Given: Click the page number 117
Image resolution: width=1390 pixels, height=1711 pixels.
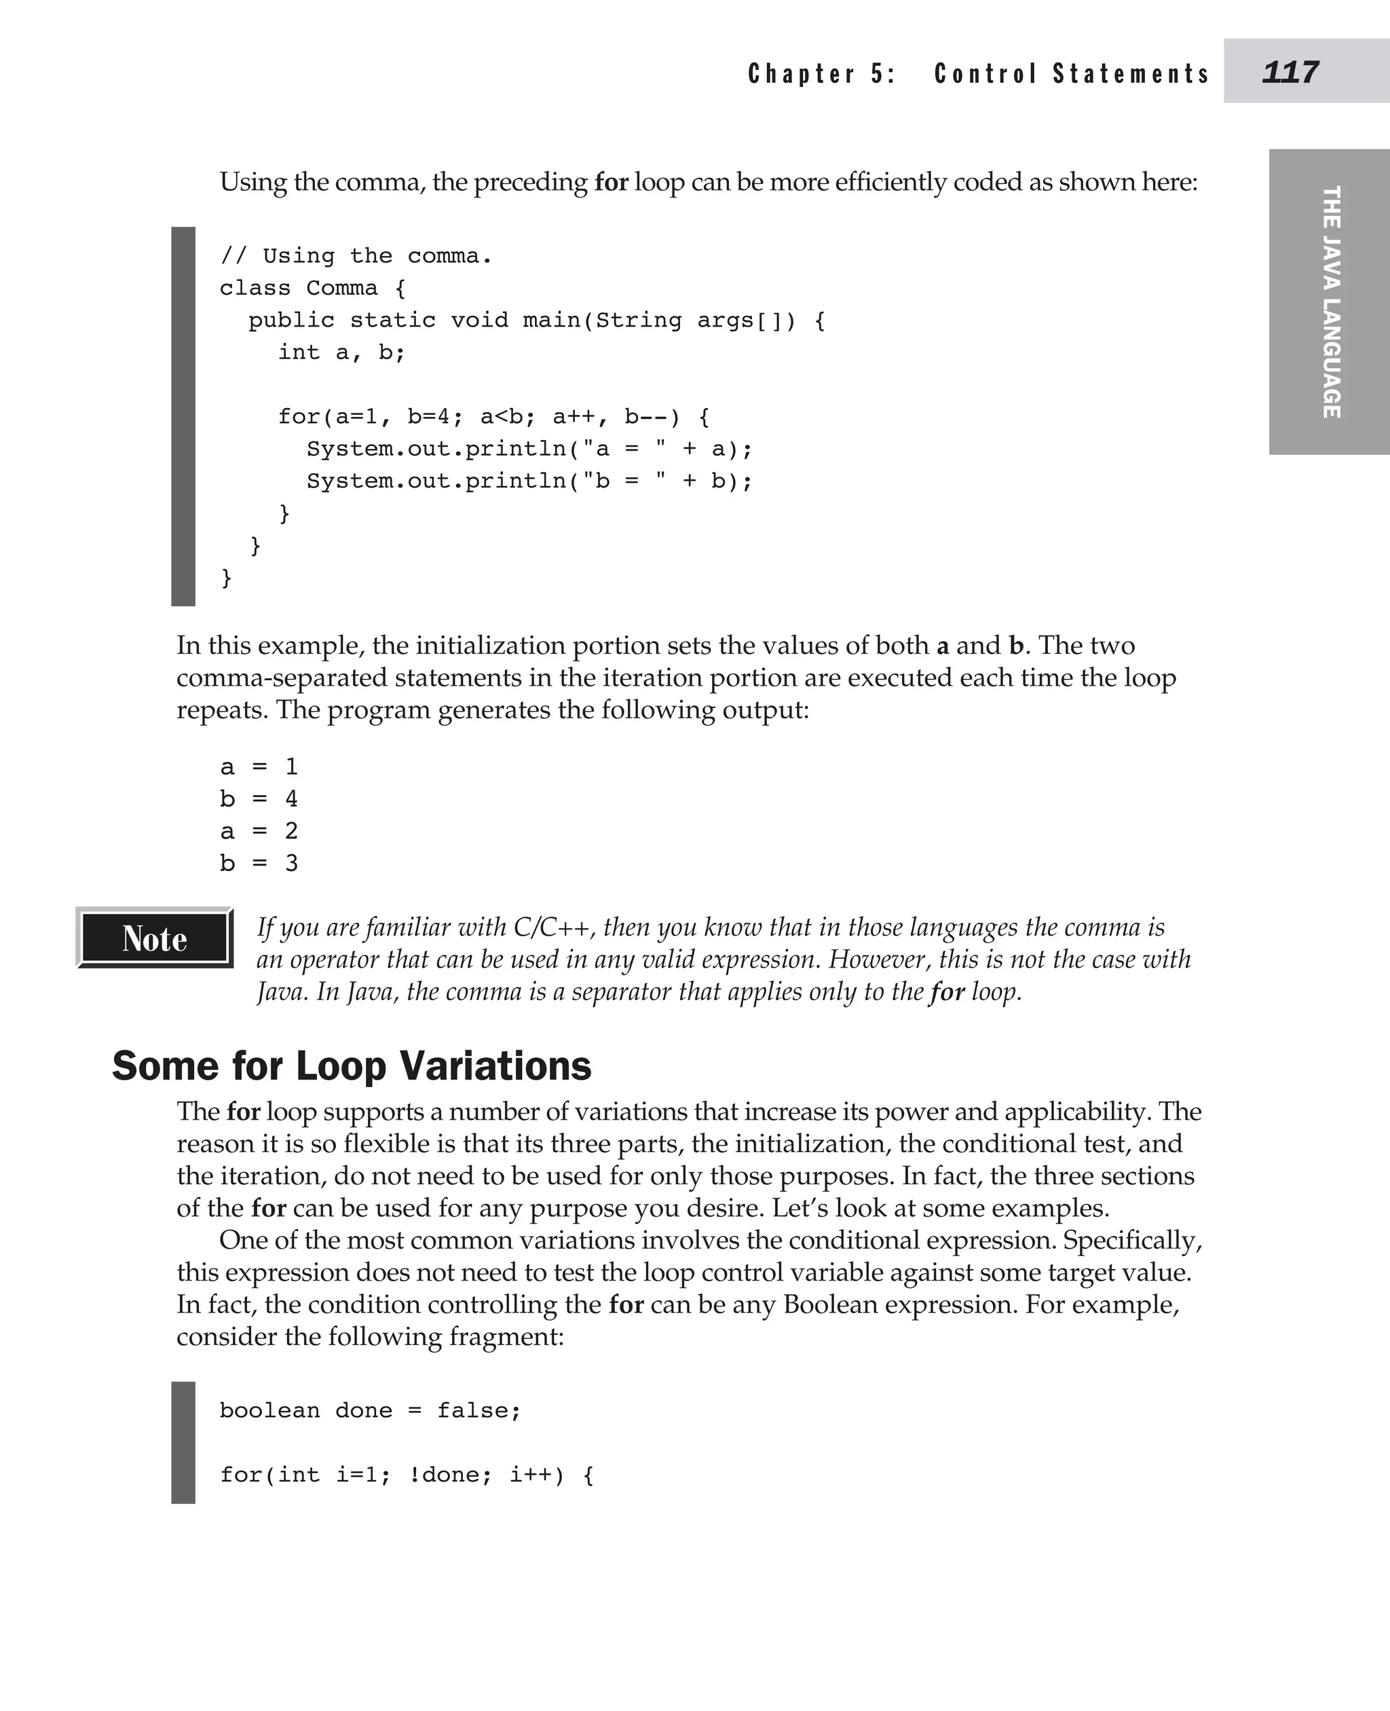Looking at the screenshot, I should pos(1290,72).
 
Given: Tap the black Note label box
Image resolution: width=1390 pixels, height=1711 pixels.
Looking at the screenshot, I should pos(155,938).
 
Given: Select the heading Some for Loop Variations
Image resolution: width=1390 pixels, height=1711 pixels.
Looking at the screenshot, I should pos(352,1066).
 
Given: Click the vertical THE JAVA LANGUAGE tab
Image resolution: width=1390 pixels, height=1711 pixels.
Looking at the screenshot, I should pos(1331,302).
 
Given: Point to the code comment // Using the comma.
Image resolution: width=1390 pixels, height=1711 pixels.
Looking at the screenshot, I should pos(356,257).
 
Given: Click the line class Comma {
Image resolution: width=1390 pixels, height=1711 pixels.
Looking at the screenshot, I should pos(312,289).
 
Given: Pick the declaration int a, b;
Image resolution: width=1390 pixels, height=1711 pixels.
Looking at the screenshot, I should pos(341,352).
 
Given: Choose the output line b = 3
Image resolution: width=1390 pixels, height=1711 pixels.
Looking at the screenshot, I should pos(259,864).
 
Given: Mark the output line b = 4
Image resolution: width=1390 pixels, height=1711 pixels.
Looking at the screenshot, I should pos(259,799).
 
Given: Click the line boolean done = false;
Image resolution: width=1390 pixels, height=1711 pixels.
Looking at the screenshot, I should pos(370,1411).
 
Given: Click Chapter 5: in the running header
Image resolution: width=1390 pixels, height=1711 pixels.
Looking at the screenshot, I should pos(821,74).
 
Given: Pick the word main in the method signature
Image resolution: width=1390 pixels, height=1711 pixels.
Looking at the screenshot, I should pos(552,320).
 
